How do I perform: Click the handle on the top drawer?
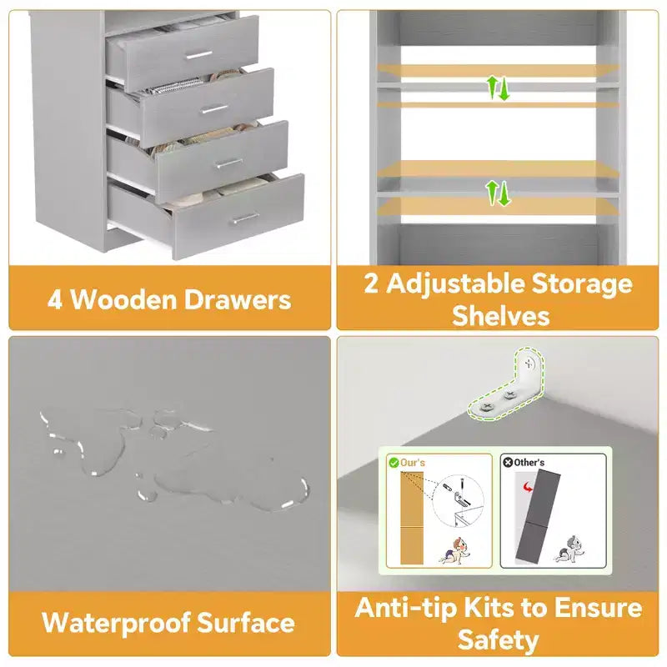198,55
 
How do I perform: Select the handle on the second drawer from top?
215,109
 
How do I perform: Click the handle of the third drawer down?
230,163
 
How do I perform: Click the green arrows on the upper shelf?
498,88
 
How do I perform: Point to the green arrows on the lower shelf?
498,193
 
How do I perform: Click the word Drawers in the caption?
238,299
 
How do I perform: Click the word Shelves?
501,316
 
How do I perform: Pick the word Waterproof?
116,623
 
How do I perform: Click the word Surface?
246,622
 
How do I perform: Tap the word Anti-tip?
405,608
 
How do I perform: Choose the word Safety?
498,640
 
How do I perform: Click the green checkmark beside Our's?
394,463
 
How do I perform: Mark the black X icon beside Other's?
508,463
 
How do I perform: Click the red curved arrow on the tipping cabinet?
528,487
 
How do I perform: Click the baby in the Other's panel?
569,549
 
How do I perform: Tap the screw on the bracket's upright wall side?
529,364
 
